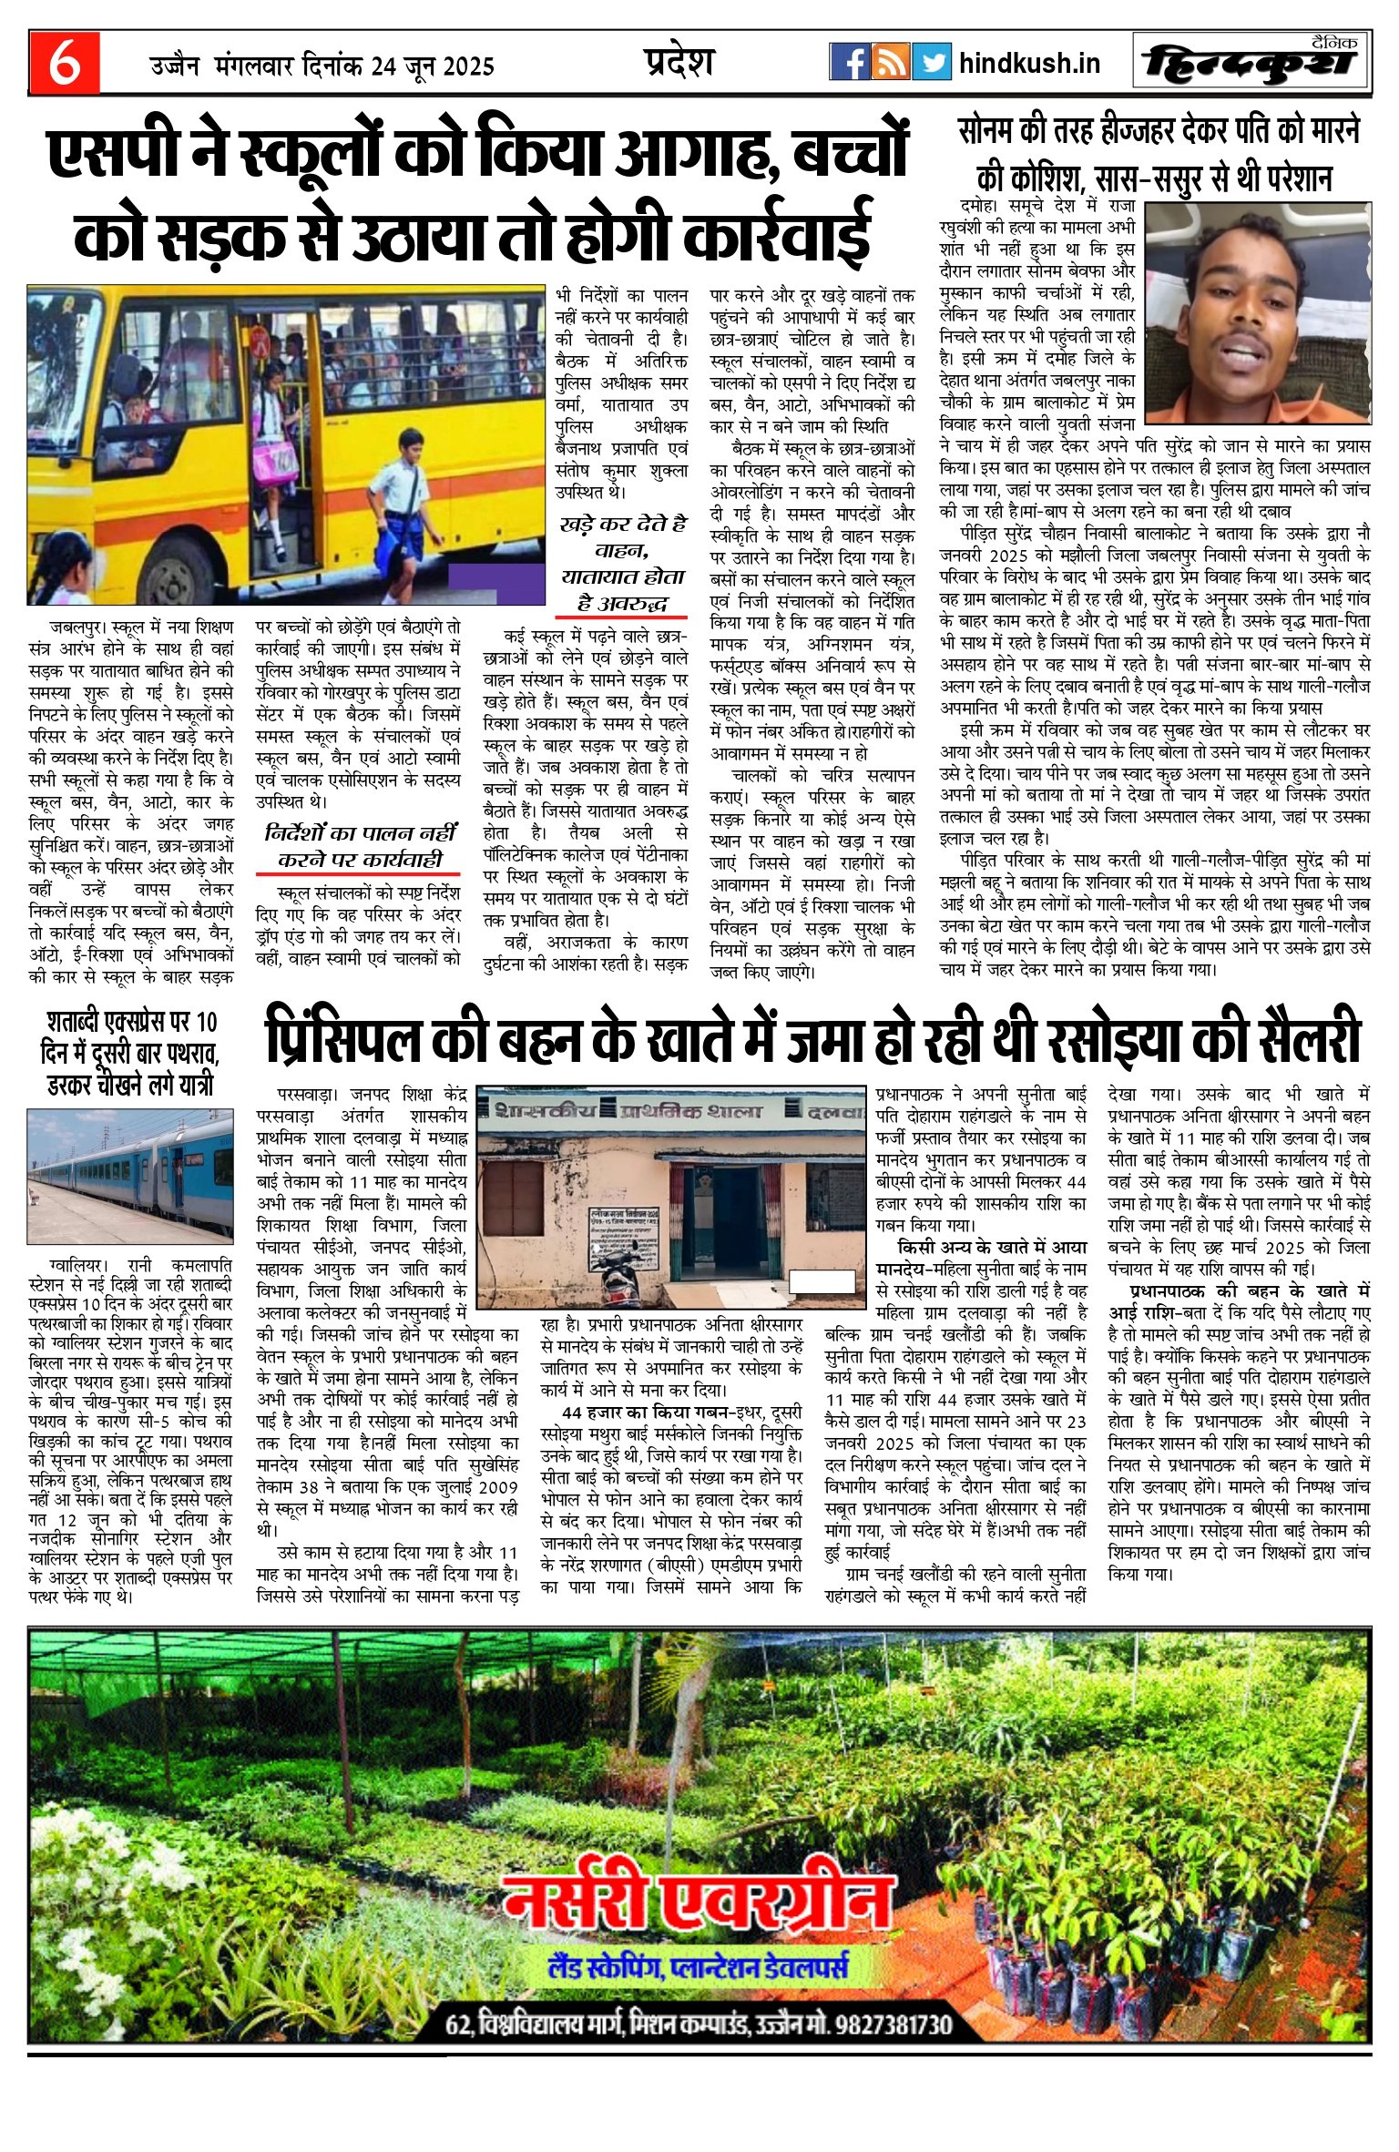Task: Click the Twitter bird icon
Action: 931,62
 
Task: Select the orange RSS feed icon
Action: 890,62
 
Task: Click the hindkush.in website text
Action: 1029,63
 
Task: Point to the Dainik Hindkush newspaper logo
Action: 1251,63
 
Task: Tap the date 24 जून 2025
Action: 433,66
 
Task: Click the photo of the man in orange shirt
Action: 1257,312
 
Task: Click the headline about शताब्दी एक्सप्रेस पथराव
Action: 129,1054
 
